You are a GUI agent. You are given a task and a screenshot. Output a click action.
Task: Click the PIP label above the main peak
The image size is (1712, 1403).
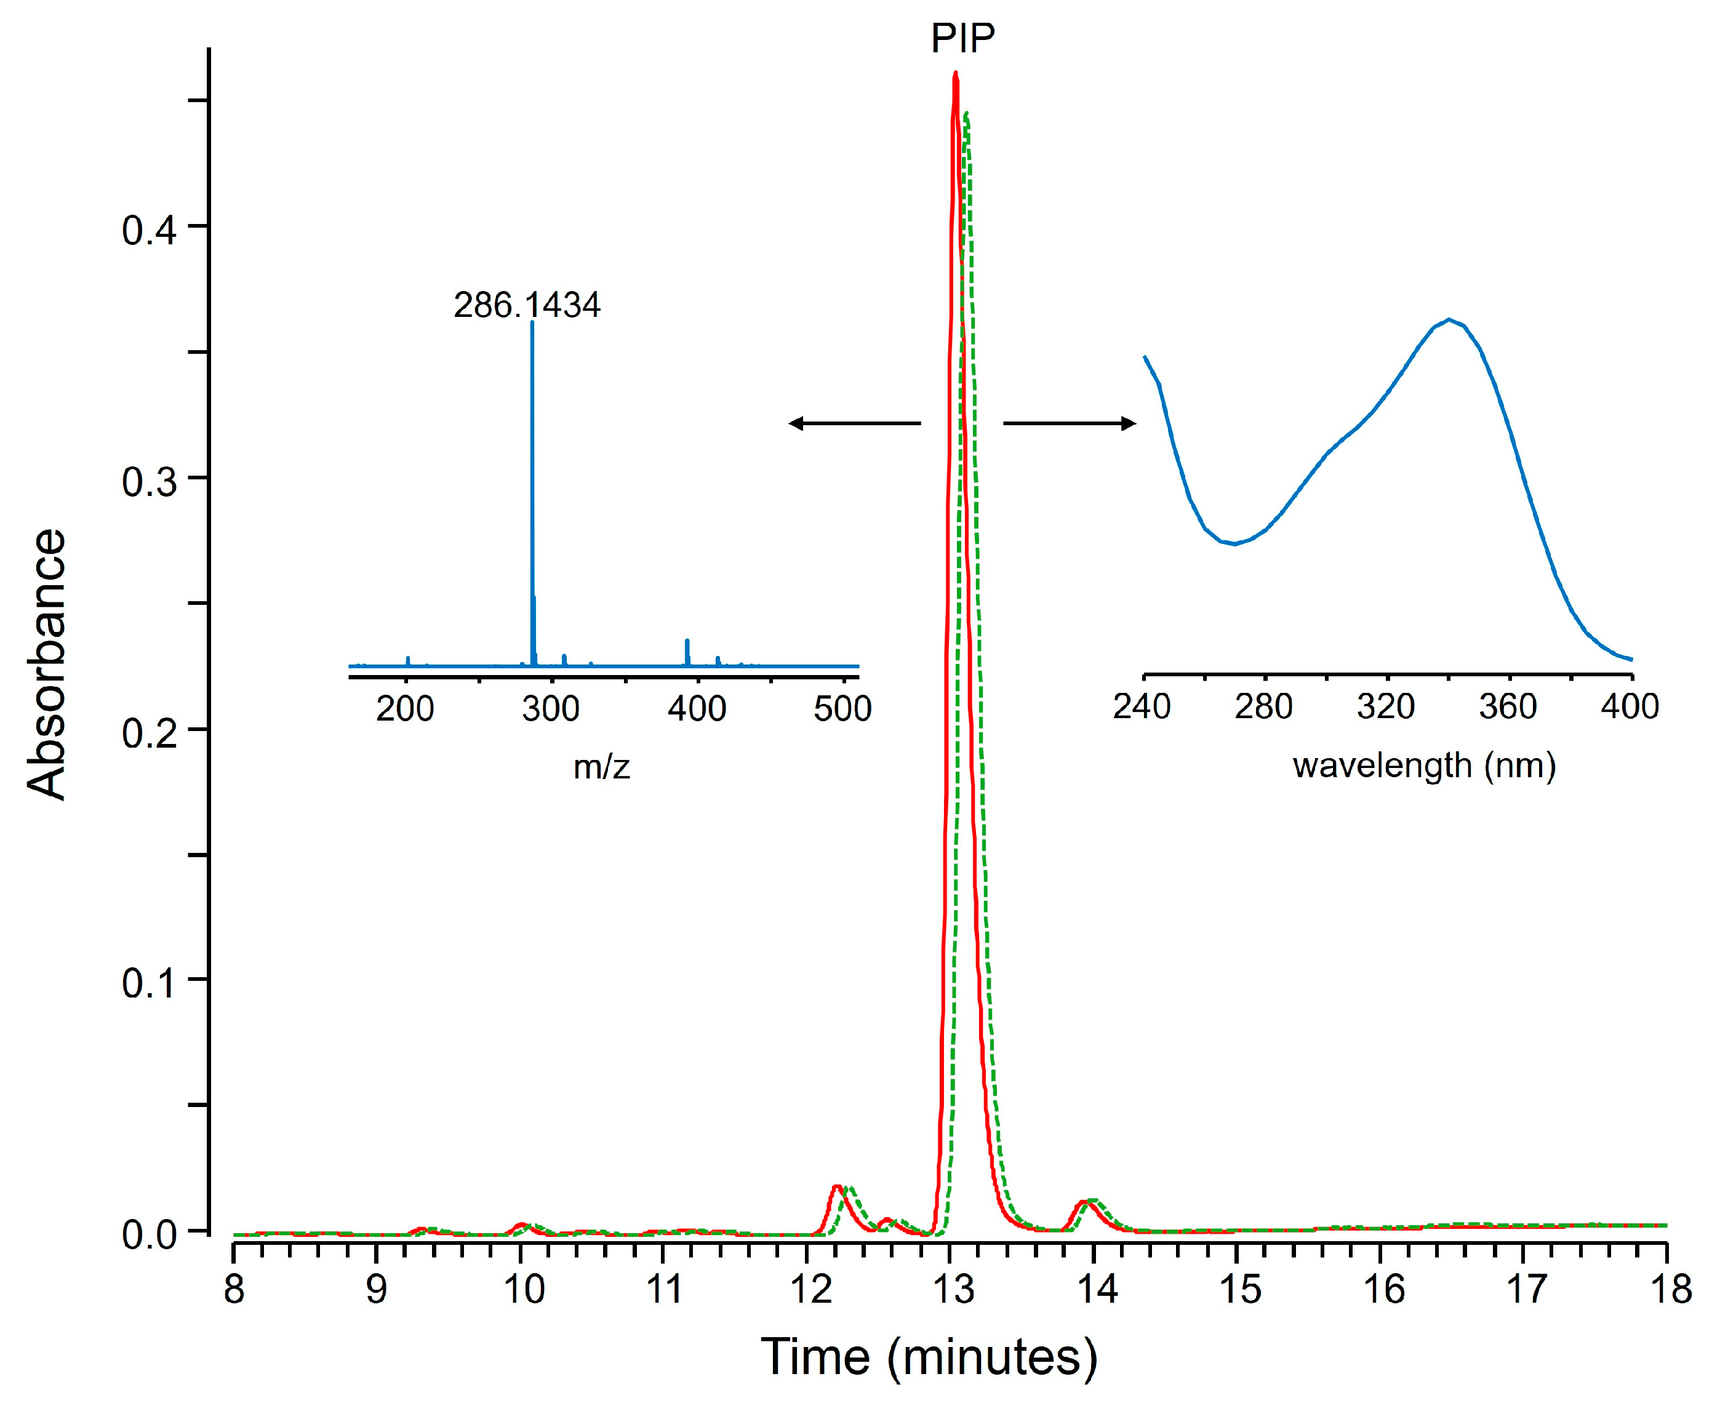(962, 38)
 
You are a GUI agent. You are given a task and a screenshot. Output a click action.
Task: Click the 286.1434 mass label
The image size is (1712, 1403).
(526, 305)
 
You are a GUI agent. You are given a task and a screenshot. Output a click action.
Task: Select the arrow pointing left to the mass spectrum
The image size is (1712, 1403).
(854, 423)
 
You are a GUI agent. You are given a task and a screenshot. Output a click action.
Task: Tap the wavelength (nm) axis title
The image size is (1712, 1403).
(1424, 764)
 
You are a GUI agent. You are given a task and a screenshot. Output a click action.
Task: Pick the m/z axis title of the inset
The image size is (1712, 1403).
(601, 765)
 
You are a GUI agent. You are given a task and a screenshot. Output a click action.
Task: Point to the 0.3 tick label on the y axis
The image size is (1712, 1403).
(149, 482)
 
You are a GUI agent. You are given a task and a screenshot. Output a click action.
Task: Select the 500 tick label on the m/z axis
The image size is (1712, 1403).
(842, 709)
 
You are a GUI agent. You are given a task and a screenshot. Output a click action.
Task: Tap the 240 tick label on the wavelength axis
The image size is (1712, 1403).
(1142, 706)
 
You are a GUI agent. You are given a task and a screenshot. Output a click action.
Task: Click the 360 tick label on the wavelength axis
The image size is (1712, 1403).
(1508, 706)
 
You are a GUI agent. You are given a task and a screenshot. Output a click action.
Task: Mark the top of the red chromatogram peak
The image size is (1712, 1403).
(956, 74)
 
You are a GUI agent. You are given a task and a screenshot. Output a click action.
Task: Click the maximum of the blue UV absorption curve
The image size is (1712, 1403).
(1449, 319)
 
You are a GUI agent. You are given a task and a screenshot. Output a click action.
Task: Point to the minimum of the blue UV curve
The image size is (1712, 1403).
(1234, 544)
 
